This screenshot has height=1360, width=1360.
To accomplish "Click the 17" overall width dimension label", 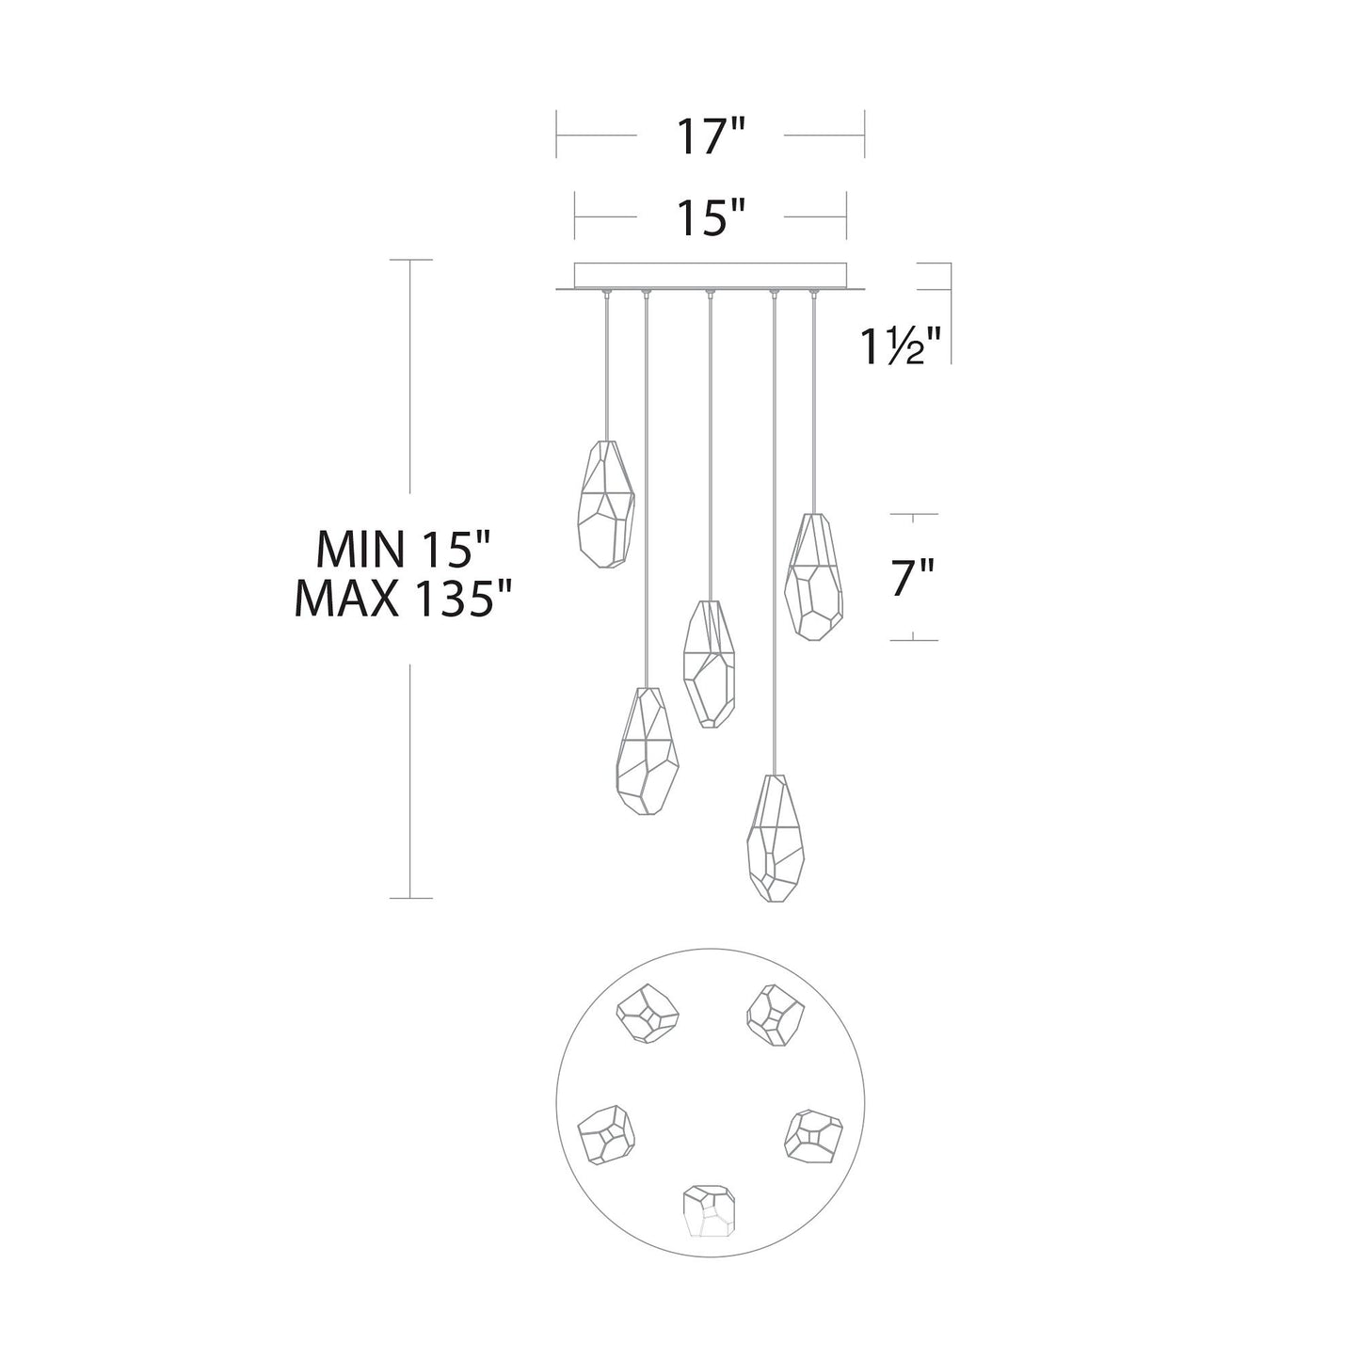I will [710, 137].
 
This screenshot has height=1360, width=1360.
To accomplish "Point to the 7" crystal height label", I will [911, 578].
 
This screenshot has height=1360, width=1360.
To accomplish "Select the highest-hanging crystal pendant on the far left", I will [606, 504].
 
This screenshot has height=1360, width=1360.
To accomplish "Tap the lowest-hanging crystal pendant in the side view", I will [776, 839].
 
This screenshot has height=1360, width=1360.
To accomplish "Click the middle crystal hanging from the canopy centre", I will [709, 664].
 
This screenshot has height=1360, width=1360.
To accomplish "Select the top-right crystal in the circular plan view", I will [775, 1015].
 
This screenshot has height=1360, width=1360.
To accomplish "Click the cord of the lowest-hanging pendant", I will [774, 536].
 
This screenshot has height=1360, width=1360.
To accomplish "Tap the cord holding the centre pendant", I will [710, 442].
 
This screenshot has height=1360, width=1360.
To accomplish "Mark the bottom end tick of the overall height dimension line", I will [410, 898].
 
